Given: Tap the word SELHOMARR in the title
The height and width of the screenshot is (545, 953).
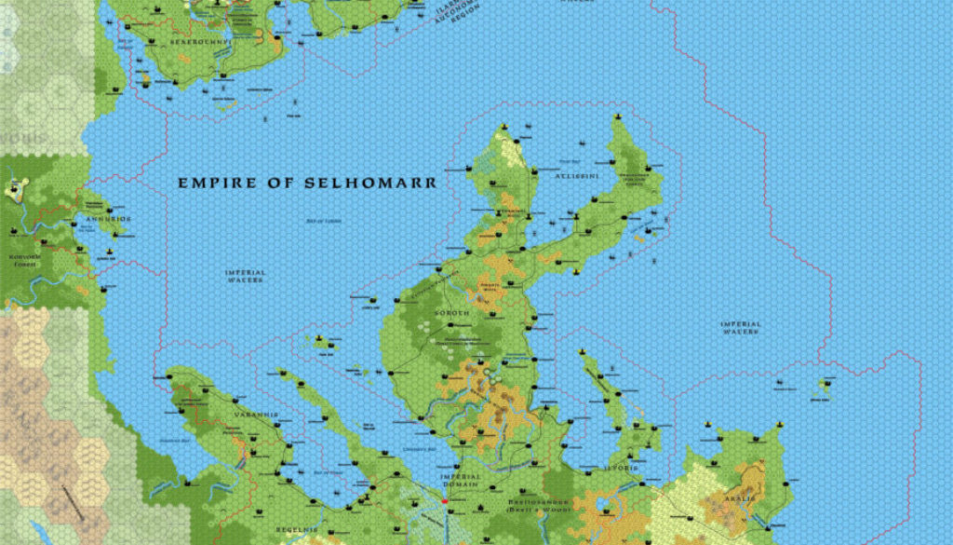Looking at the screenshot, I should coord(370,183).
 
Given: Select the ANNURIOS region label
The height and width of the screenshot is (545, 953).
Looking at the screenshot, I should coord(108,219).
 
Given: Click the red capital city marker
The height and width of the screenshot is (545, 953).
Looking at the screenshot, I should coord(446,502).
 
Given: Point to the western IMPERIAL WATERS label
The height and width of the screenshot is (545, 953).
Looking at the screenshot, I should coord(246,276).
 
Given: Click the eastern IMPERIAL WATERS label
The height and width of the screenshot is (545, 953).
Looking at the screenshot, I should coord(741,327).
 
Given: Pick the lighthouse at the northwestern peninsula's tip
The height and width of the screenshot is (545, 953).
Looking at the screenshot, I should coord(503,127).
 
